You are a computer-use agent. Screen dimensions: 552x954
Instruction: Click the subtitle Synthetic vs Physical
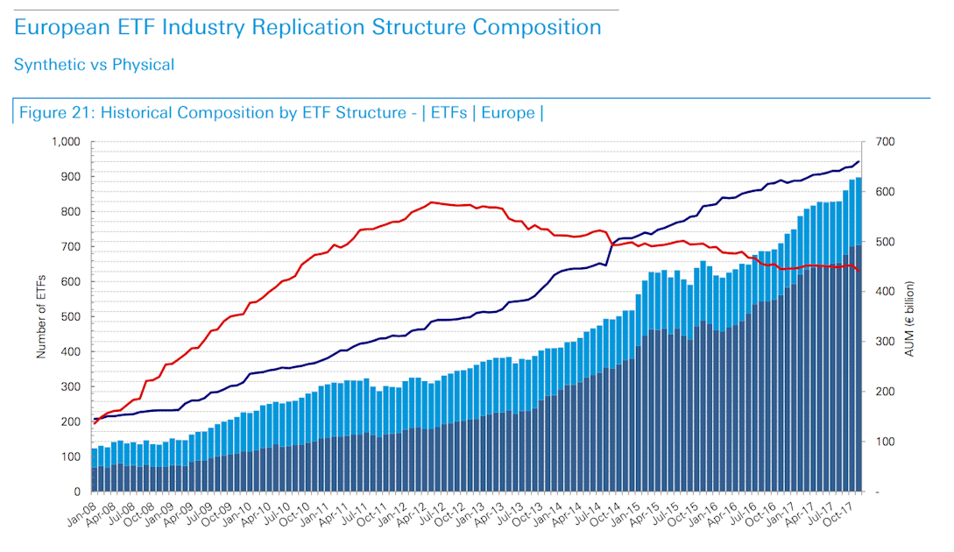pos(94,65)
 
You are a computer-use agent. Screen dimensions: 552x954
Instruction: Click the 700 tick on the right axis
pos(881,142)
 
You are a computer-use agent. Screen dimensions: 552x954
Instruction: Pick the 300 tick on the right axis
pos(881,342)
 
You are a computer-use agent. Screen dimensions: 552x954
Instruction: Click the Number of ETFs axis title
pos(40,316)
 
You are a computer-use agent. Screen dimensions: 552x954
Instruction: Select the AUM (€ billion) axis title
pos(911,316)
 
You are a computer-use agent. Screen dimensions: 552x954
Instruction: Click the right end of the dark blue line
pos(859,161)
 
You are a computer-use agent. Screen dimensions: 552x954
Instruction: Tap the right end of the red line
pos(859,271)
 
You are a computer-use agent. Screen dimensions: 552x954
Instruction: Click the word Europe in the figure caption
pos(506,113)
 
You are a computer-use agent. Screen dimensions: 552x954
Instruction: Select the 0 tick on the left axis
pos(76,492)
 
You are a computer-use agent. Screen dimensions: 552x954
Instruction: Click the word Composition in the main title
pos(537,27)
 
